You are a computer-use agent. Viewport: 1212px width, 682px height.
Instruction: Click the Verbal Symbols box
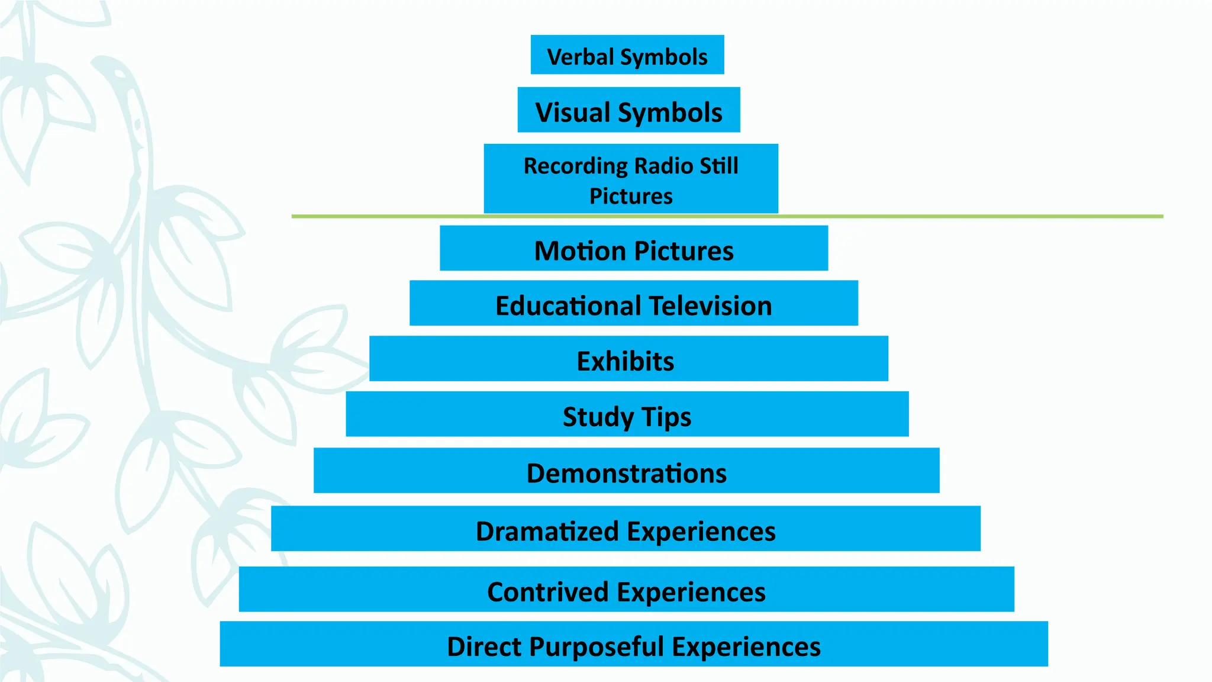tap(627, 55)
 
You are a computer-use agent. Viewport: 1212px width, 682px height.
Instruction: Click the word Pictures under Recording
tap(631, 196)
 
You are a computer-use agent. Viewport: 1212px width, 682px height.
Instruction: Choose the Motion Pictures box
tap(633, 249)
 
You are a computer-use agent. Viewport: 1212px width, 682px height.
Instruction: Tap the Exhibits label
tap(626, 361)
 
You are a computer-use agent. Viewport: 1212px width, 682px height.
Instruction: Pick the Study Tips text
tap(627, 417)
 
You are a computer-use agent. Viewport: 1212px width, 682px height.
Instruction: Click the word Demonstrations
tap(627, 474)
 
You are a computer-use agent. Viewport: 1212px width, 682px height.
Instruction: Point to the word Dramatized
tap(547, 532)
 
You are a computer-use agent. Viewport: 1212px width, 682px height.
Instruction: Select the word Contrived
tap(547, 592)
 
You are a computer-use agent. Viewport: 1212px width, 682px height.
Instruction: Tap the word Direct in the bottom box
tap(485, 646)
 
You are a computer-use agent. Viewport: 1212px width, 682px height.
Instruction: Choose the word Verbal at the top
tap(581, 57)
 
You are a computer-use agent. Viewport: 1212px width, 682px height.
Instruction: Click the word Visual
tap(572, 112)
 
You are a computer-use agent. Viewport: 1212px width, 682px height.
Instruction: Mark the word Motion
tap(579, 251)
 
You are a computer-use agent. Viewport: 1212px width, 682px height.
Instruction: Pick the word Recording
tap(575, 166)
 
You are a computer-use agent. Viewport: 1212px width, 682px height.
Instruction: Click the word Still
tap(718, 166)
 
